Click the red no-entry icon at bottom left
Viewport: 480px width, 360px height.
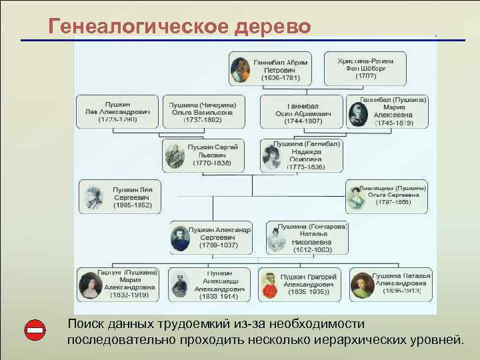[x=35, y=331]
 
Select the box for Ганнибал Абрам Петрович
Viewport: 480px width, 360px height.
[x=272, y=69]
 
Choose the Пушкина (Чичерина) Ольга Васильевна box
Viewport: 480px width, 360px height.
[x=203, y=111]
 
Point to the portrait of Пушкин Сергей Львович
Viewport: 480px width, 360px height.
[x=175, y=156]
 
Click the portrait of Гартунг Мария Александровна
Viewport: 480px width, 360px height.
[x=89, y=285]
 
